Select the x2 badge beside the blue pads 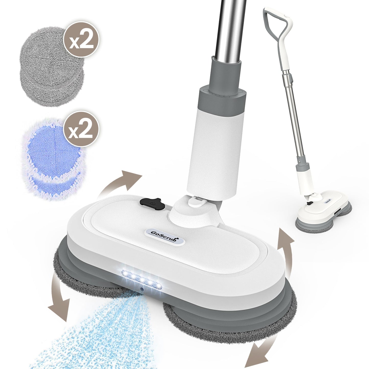tap(81, 129)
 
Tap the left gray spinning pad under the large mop tap(77, 271)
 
